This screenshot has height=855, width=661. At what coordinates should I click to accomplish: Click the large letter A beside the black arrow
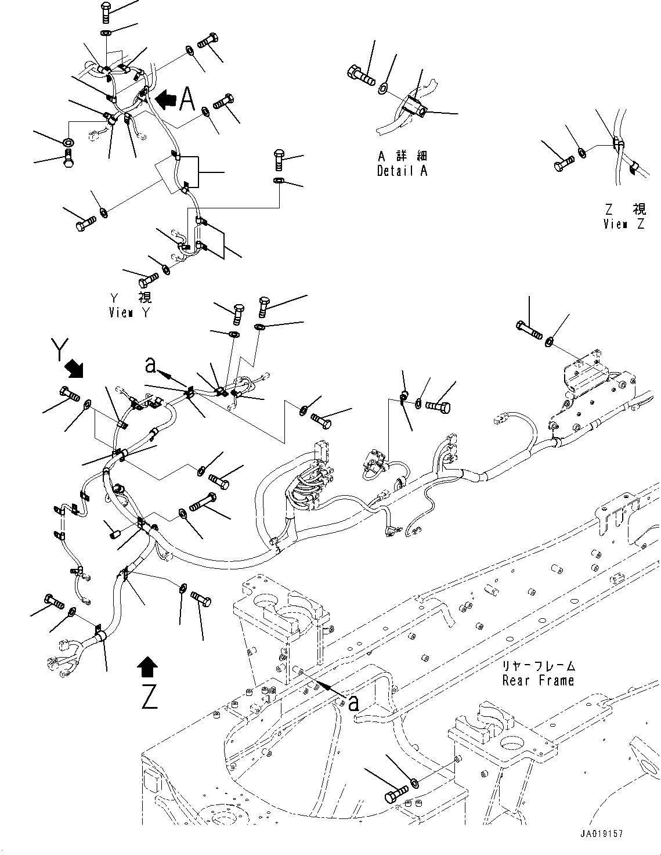(187, 98)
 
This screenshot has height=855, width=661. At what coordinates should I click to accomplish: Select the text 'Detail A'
(402, 171)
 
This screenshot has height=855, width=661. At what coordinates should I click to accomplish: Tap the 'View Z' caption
(623, 224)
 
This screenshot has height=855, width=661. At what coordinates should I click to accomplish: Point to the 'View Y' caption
(129, 312)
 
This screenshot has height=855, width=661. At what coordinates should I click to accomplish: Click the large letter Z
(149, 697)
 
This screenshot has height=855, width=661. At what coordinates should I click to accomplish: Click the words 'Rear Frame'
(538, 680)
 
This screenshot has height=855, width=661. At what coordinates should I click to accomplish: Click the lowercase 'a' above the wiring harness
(150, 365)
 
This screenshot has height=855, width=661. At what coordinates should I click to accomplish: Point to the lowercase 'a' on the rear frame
(352, 703)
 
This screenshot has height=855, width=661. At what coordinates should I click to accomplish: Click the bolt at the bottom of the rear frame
(396, 793)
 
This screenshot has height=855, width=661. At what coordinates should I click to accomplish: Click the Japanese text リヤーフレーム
(538, 666)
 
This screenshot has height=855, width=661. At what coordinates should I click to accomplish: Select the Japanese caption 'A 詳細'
(402, 157)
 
